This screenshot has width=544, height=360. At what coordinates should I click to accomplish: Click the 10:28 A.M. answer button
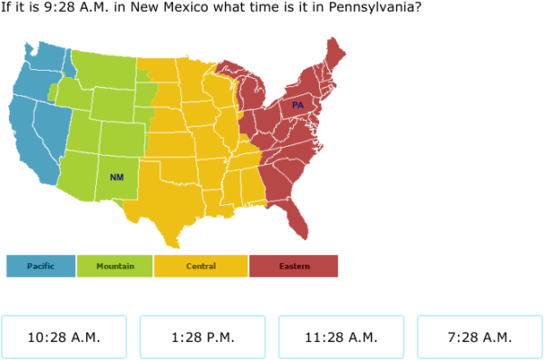point(63,337)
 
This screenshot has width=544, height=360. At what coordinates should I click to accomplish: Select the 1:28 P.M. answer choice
point(202,337)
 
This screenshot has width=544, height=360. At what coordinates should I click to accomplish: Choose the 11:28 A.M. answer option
point(341,337)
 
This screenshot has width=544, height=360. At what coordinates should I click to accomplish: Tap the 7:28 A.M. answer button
point(480,337)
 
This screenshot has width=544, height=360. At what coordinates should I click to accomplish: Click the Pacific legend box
point(41,266)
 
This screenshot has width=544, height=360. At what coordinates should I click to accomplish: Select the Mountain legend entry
point(115,266)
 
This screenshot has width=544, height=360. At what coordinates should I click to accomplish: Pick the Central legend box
point(200,266)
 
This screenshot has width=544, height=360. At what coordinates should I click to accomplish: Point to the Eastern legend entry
point(294,266)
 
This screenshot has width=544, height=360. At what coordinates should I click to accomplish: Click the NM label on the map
point(116,177)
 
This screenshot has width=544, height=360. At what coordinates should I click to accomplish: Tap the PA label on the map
point(297,105)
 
